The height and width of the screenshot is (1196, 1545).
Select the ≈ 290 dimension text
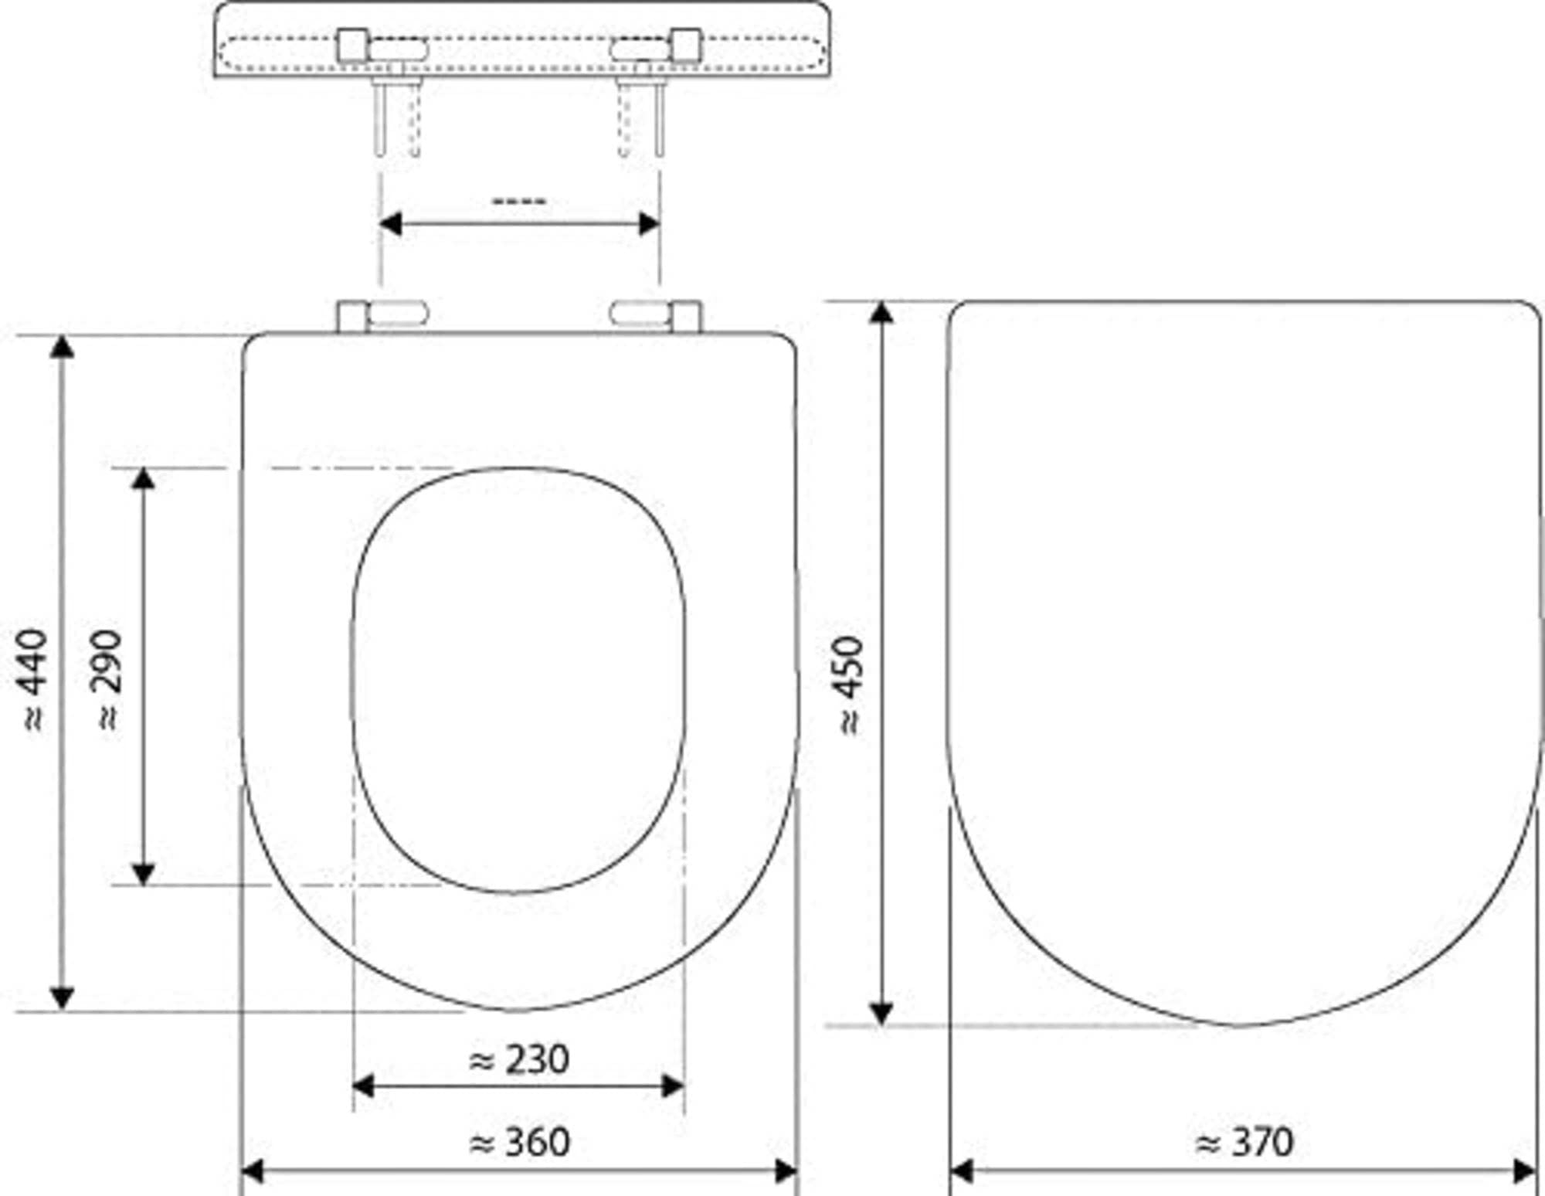click(x=109, y=680)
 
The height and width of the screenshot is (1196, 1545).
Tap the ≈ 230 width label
click(x=519, y=1059)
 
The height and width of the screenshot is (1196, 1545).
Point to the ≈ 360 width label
click(x=519, y=1142)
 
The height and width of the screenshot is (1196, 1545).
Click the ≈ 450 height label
click(x=850, y=685)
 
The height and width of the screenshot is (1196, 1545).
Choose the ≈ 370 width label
click(x=1244, y=1142)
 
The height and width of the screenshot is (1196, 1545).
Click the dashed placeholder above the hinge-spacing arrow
click(x=519, y=202)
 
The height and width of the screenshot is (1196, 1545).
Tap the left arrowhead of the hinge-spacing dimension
click(x=391, y=224)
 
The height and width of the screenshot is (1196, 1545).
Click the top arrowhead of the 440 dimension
click(x=62, y=347)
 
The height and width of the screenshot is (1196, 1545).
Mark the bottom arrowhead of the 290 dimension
click(x=143, y=874)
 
